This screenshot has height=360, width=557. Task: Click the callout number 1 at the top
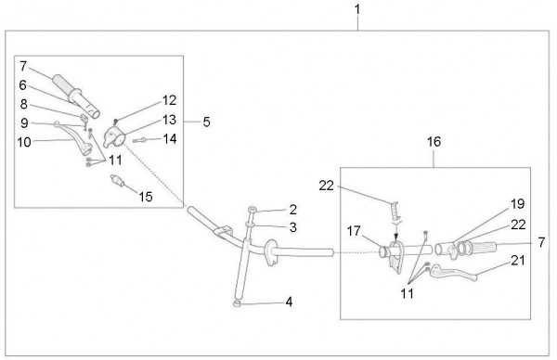[x=357, y=9]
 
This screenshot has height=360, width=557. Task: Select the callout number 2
[x=292, y=210]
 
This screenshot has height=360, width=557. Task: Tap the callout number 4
[x=289, y=302]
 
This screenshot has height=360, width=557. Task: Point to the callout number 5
[x=206, y=122]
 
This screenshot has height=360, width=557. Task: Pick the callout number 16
[x=434, y=142]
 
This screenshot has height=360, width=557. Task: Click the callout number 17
[x=354, y=231]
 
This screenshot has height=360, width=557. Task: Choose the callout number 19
[x=518, y=204]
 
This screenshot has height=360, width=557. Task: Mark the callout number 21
[x=518, y=260]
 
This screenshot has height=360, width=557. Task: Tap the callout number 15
[x=146, y=197]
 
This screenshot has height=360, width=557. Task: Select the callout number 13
[x=170, y=120]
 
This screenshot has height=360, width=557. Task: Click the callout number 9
[x=24, y=122]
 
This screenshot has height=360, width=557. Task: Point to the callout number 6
[x=22, y=84]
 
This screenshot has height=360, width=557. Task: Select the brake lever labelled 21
[x=453, y=273]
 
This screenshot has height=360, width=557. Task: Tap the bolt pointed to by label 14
[x=139, y=140]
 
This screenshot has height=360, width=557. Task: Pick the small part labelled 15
[x=117, y=180]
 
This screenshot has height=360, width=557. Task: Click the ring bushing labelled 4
[x=237, y=303]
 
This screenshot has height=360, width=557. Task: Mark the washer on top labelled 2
[x=252, y=210]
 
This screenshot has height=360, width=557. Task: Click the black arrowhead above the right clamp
[x=396, y=236]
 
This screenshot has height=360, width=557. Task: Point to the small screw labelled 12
[x=115, y=122]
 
